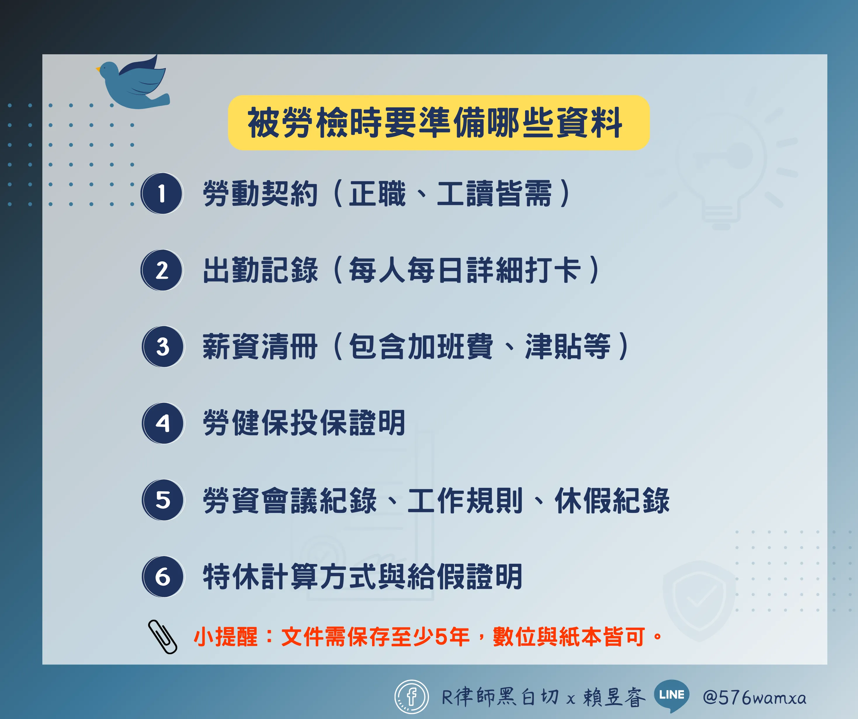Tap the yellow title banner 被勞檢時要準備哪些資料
click(438, 123)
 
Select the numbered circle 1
click(162, 193)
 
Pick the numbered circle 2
click(162, 270)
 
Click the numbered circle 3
click(163, 347)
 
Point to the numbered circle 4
click(163, 423)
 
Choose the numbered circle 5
click(163, 500)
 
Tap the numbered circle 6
click(163, 577)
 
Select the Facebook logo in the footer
click(411, 697)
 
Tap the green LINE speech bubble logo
click(671, 696)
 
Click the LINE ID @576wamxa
click(754, 697)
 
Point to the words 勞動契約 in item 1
click(260, 194)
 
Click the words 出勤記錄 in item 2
click(260, 270)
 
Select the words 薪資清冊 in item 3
click(260, 347)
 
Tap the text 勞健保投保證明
click(304, 423)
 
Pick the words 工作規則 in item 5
click(466, 500)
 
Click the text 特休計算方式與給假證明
click(363, 577)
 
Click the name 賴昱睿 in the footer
click(614, 697)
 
